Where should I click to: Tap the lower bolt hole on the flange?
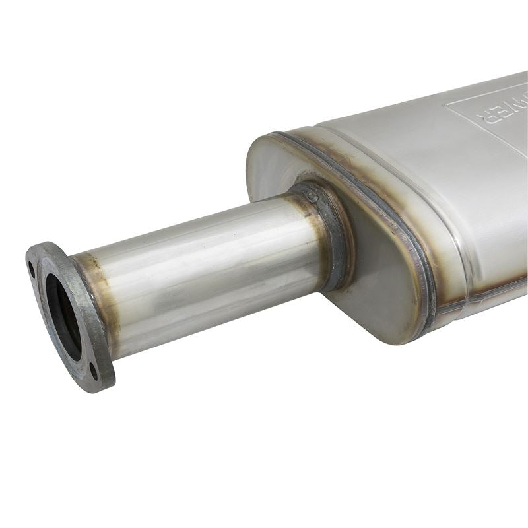click(x=93, y=370)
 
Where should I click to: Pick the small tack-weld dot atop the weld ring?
click(x=312, y=197)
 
